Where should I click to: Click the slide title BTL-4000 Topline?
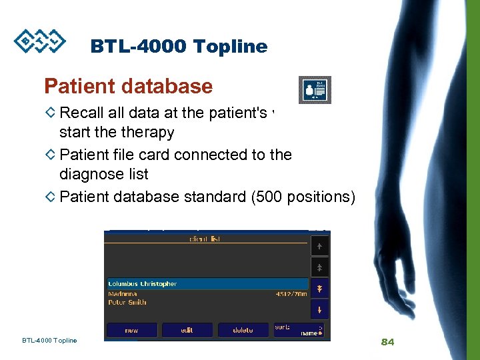[x=179, y=47]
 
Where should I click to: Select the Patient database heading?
[x=128, y=87]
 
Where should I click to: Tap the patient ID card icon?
[x=313, y=89]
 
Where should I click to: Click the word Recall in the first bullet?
[x=81, y=111]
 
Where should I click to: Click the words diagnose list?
[x=103, y=174]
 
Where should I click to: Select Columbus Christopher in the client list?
[x=142, y=284]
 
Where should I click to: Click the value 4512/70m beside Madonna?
[x=291, y=293]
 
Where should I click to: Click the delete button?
[x=243, y=330]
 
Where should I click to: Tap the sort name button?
[x=299, y=330]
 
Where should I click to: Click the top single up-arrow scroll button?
[x=319, y=246]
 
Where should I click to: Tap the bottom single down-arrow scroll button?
[x=319, y=309]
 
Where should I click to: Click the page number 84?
[x=387, y=342]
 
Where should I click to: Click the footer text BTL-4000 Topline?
[x=49, y=341]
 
